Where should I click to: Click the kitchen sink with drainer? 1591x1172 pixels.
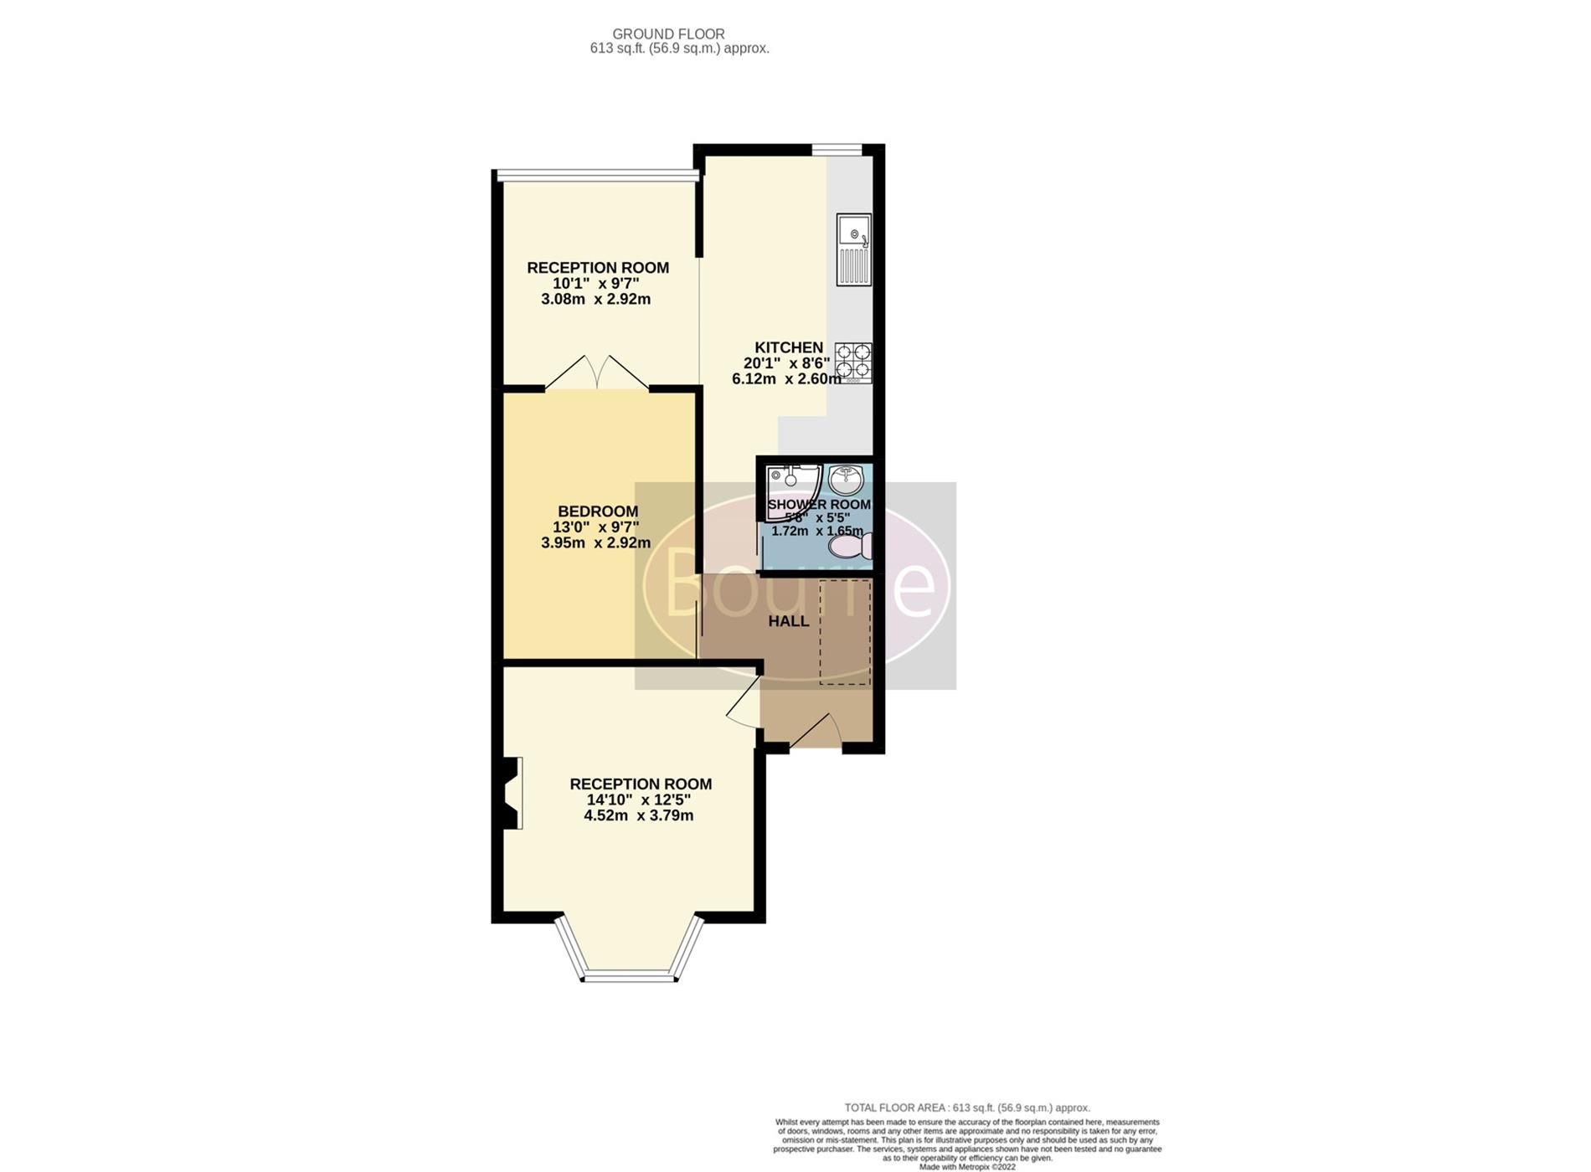point(853,249)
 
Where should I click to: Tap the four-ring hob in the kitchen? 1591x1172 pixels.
point(853,362)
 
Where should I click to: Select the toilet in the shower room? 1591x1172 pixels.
point(851,547)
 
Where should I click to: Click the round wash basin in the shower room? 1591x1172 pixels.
point(846,480)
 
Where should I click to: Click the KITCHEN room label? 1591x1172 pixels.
point(788,347)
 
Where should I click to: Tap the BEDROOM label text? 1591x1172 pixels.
point(598,511)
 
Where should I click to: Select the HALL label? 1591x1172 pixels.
point(788,621)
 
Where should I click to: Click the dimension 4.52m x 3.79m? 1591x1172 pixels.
point(638,815)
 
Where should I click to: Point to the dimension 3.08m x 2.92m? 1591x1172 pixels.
point(595,299)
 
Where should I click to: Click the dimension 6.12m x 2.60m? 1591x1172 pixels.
point(786,378)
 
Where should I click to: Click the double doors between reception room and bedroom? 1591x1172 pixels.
point(596,373)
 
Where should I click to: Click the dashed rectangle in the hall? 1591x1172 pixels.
point(845,632)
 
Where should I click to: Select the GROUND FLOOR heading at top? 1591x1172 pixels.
point(668,33)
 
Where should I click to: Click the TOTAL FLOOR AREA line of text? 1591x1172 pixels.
point(967,1108)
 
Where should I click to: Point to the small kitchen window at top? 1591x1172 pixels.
point(836,150)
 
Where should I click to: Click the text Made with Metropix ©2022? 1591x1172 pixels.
point(967,1166)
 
